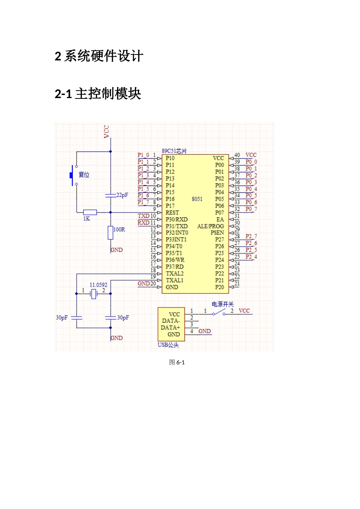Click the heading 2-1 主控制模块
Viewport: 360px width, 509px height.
coord(98,94)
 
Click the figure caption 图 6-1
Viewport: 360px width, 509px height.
coord(177,362)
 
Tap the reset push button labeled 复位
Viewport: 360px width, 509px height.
coord(72,175)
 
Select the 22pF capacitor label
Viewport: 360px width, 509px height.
coord(122,195)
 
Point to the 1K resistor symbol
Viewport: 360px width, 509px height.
coord(90,212)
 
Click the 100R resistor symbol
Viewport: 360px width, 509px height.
coord(110,233)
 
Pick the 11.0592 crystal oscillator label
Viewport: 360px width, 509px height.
coord(98,285)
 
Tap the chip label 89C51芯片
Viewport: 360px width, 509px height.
coord(174,151)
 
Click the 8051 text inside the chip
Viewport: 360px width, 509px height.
coord(197,199)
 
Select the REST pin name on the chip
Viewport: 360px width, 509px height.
coord(172,213)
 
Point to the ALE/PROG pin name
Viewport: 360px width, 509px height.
coord(210,226)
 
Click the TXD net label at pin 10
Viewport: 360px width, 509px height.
coord(143,216)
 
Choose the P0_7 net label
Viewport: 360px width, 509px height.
coord(251,209)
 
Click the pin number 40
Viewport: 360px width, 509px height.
coord(237,155)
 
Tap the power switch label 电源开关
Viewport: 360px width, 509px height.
coord(222,304)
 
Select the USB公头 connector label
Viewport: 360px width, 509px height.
coord(168,345)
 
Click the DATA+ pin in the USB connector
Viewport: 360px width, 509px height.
coord(170,328)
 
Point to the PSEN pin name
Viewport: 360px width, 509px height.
coord(217,233)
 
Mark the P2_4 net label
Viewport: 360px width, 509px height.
coord(251,257)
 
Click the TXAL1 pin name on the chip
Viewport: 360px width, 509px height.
coord(174,281)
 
